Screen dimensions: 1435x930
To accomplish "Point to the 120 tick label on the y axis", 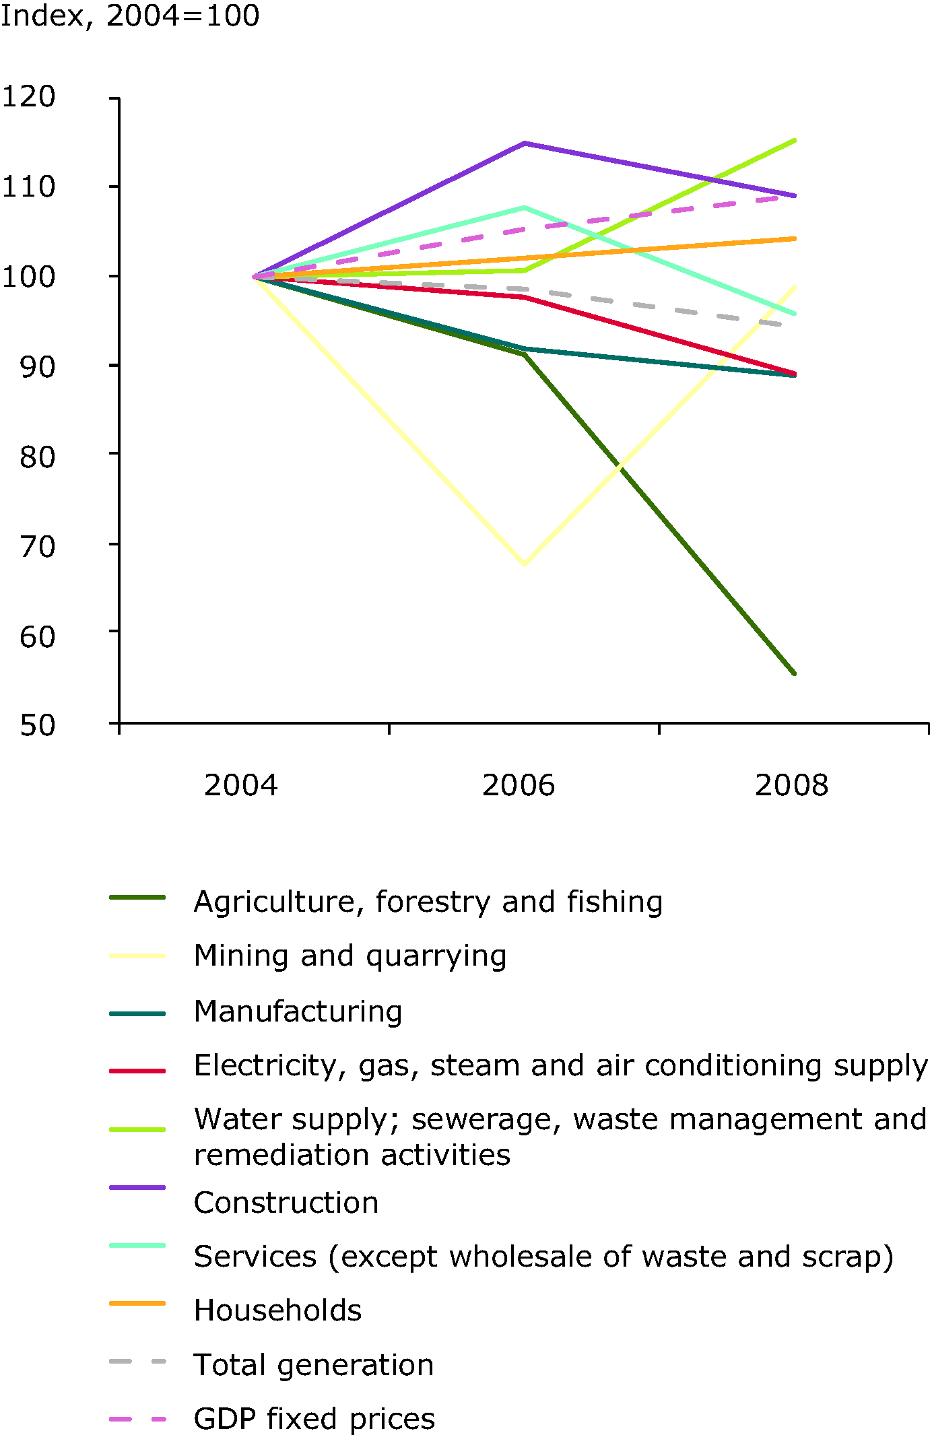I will tap(28, 97).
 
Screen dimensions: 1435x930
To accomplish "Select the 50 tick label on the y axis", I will tap(38, 725).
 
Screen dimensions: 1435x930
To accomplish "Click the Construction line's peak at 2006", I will tap(524, 143).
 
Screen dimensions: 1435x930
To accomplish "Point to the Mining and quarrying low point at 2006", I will tap(524, 564).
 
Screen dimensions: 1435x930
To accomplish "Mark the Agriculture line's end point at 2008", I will tap(795, 673).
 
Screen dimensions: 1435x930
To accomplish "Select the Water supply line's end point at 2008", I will tap(795, 140).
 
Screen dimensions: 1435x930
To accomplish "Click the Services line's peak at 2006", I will tap(524, 207).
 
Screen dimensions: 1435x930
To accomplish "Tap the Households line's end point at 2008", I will tap(795, 238).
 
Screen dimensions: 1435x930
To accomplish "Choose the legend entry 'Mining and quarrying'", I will tap(350, 956).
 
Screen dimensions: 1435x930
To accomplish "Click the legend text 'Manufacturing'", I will tap(298, 1011).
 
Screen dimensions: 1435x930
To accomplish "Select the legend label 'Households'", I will tap(277, 1310).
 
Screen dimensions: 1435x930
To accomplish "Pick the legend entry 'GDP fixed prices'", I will tap(314, 1418).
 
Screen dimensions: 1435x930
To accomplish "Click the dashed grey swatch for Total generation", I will tap(137, 1362).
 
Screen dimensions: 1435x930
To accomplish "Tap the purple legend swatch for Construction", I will tap(137, 1187).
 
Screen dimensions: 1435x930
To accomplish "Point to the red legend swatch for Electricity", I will tap(137, 1070).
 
